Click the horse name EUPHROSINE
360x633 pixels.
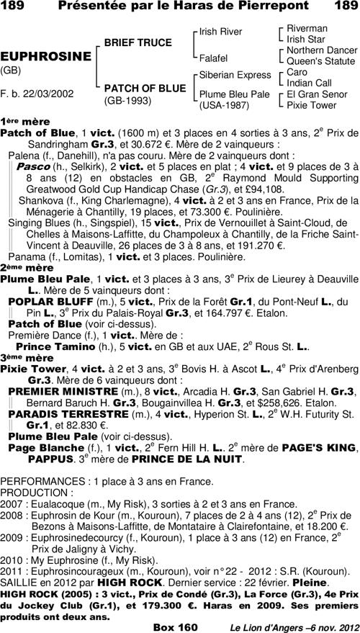click(45, 56)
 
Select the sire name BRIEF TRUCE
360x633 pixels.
click(138, 43)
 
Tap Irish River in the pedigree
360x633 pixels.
click(220, 32)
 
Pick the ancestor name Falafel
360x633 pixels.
click(213, 57)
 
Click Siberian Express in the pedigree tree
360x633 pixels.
click(235, 75)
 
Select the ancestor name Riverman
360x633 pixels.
click(307, 28)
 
